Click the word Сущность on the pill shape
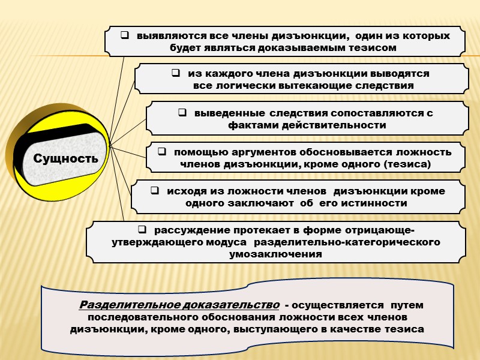65,159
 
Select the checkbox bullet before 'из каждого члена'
175,74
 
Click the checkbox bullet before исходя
154,191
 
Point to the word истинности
377,203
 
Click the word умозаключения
276,254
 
